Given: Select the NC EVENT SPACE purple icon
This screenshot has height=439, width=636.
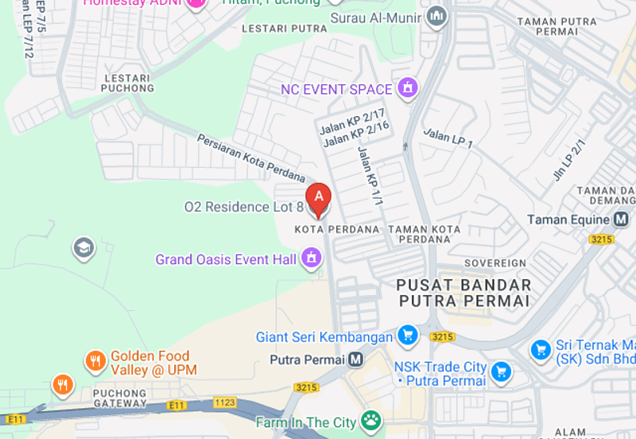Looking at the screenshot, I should (408, 88).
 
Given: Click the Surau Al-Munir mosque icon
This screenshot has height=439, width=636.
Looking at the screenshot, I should (436, 16).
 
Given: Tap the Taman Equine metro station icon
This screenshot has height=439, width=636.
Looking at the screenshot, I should (621, 219).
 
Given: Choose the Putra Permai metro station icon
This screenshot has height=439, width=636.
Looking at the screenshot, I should (355, 359).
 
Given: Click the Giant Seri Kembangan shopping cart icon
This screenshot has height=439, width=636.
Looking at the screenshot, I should (408, 336).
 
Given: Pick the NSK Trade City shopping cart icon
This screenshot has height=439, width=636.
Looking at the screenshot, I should (501, 371).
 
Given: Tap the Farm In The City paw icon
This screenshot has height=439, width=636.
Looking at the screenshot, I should (370, 421).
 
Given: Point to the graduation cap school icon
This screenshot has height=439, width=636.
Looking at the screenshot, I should (83, 249).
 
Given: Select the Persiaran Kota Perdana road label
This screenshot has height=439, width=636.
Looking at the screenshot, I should (251, 157).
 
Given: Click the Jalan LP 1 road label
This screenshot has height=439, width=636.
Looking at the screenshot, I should (448, 138).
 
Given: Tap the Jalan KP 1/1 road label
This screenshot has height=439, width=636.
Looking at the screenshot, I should (370, 176).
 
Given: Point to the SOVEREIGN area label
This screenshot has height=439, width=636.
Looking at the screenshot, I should (494, 262).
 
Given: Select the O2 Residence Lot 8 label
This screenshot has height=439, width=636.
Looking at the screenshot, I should (243, 207).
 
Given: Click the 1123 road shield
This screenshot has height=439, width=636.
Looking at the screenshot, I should (225, 403).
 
